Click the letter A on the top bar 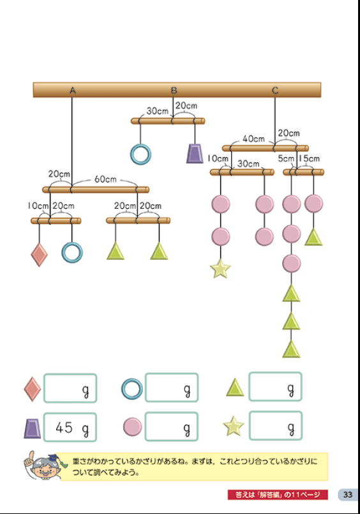coord(73,90)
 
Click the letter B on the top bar coord(174,90)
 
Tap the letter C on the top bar coord(275,90)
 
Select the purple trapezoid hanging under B coord(195,153)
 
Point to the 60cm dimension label coord(105,179)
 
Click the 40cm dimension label coord(253,139)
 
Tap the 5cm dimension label coord(286,158)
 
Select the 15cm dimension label coord(309,158)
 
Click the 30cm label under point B coord(157,111)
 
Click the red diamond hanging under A coord(40,255)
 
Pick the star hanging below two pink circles coord(220,268)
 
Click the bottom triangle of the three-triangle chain coord(291,349)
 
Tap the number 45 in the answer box coord(64,427)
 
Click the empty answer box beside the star coord(276,425)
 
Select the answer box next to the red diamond coord(70,388)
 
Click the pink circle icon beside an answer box coord(132,427)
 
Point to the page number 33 coord(347,495)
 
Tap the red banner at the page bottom coord(278,495)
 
